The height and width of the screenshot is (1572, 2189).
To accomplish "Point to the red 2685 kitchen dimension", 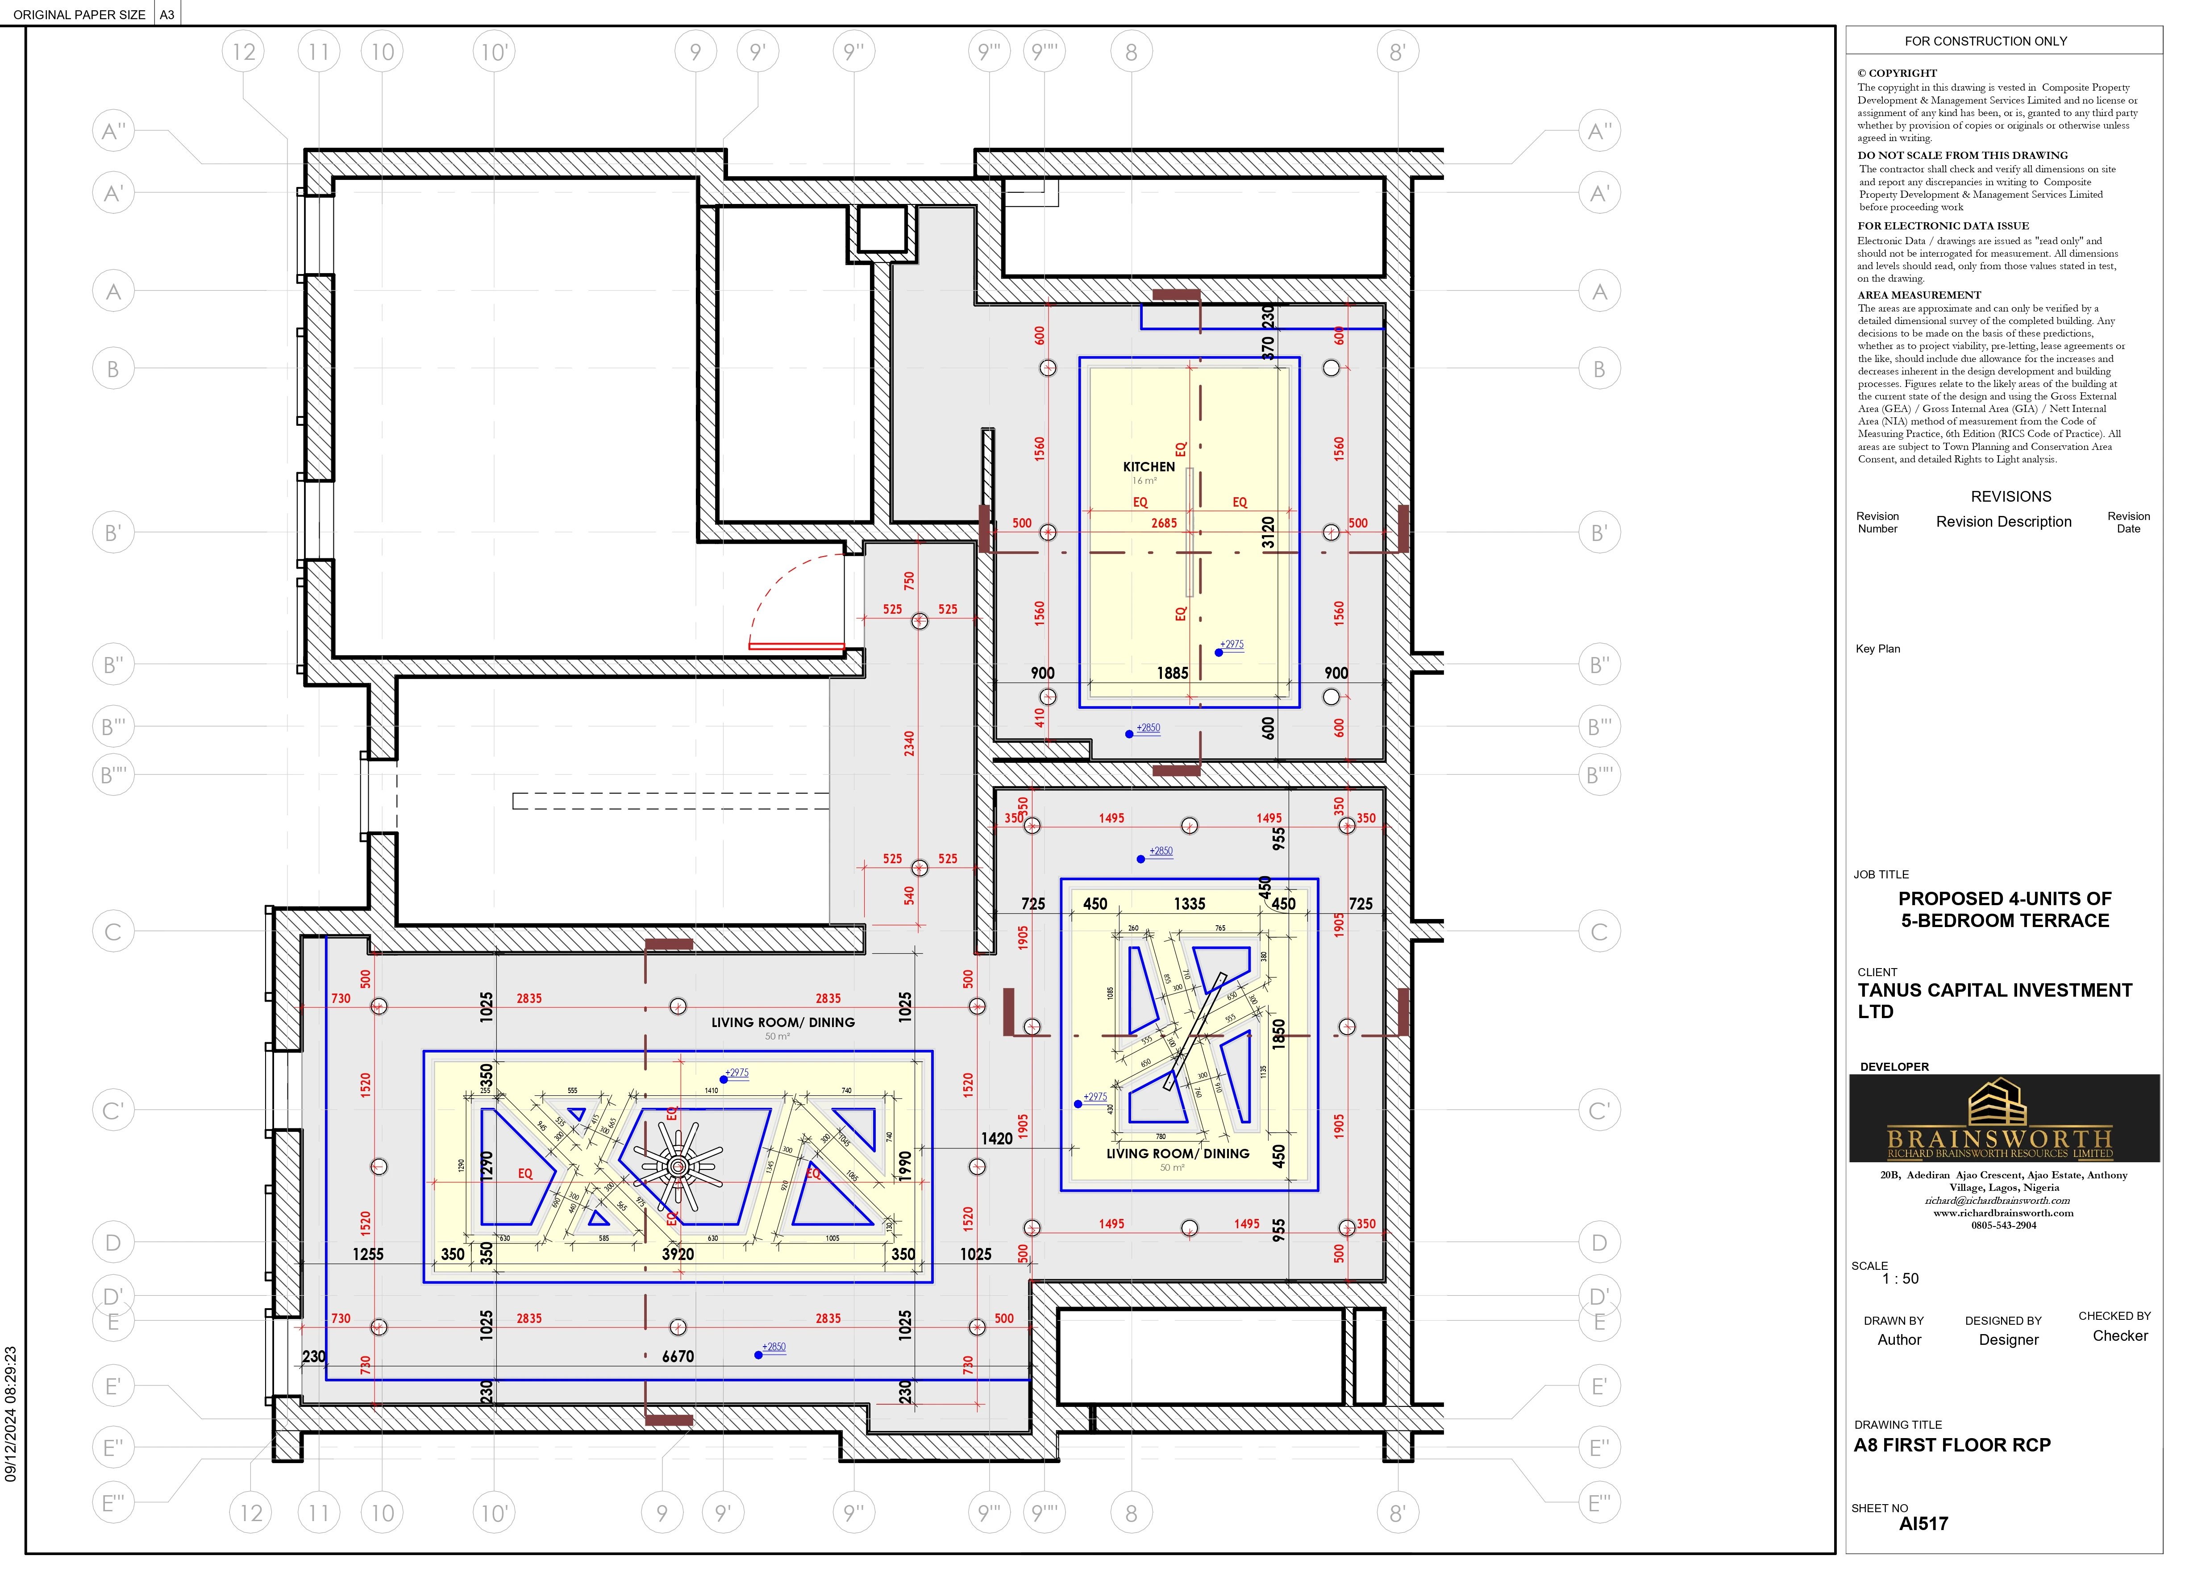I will tap(1164, 523).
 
